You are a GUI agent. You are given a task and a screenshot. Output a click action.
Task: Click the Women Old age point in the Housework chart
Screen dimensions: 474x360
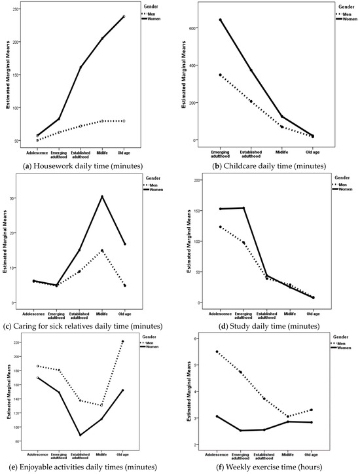pos(156,16)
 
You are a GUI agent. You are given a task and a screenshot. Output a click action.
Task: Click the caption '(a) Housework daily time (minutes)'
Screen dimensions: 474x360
pos(90,166)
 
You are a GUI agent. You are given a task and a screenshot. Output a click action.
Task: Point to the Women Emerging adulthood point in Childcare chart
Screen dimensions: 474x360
pos(221,20)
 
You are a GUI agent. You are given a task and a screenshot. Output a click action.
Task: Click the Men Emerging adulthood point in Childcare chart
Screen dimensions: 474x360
pos(221,75)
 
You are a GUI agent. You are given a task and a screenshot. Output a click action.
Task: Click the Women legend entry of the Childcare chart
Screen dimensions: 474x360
pos(345,19)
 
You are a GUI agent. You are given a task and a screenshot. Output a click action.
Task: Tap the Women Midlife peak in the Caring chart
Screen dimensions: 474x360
pos(103,196)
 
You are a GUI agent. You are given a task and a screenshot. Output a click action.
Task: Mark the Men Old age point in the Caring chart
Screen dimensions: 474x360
pos(124,285)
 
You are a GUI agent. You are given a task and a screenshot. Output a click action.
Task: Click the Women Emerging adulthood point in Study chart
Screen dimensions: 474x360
pos(243,208)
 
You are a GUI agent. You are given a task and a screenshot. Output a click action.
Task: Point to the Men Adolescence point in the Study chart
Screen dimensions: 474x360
pos(221,227)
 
